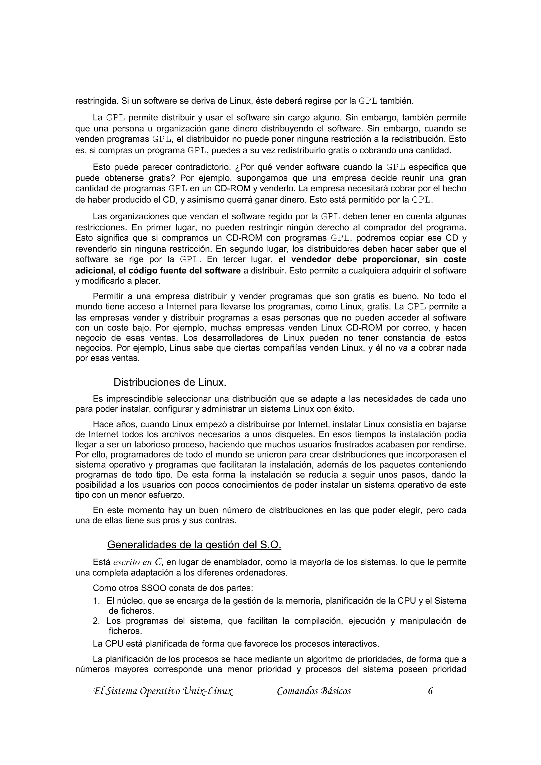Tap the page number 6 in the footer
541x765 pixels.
tap(430, 691)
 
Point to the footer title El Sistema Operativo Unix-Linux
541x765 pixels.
tap(163, 691)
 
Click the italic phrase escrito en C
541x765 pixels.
tap(137, 563)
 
